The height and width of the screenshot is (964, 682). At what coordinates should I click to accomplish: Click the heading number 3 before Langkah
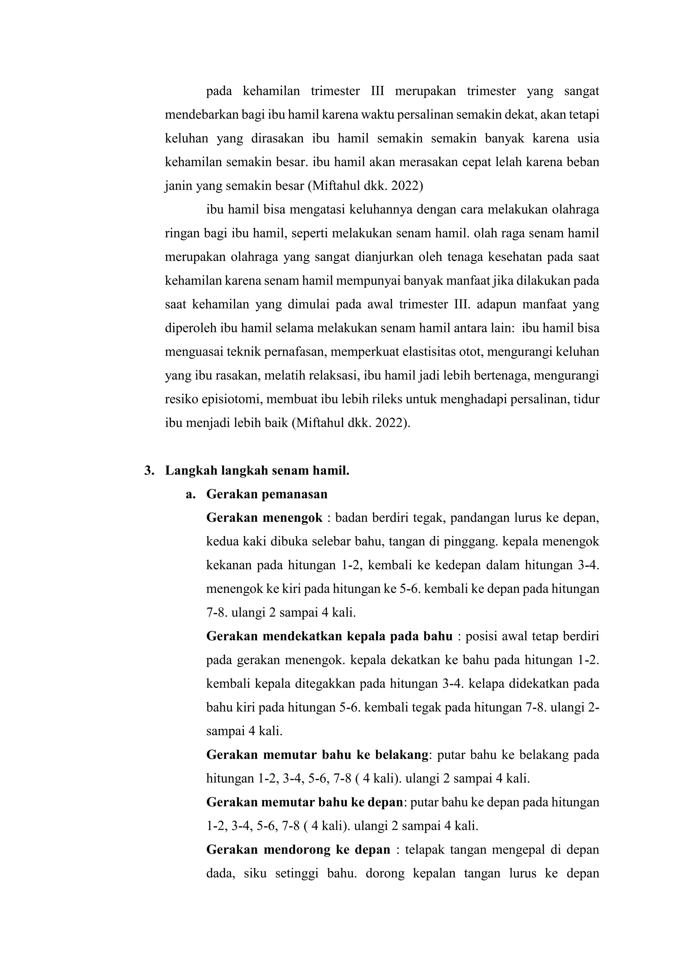pyautogui.click(x=148, y=471)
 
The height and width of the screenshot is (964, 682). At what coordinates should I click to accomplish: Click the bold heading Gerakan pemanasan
pyautogui.click(x=267, y=494)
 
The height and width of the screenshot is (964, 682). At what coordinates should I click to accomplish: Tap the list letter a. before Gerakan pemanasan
pyautogui.click(x=191, y=494)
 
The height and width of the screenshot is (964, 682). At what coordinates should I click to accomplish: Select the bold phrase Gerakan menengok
pyautogui.click(x=264, y=518)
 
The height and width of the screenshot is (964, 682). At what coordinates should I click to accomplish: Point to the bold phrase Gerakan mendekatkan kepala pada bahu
pyautogui.click(x=329, y=637)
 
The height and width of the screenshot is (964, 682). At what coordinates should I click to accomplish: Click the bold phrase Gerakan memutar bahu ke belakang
pyautogui.click(x=317, y=755)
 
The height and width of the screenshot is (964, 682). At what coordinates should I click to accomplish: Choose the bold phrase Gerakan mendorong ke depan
pyautogui.click(x=298, y=850)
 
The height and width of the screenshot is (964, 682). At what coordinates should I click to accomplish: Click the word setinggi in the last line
pyautogui.click(x=296, y=874)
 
